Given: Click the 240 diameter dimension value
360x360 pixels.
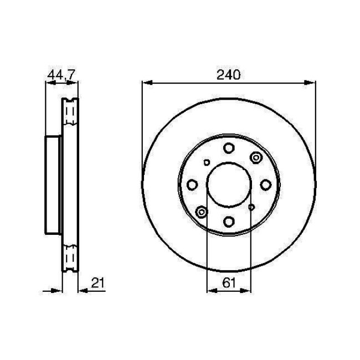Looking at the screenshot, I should click(229, 75).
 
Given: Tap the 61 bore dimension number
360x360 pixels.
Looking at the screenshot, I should click(228, 283).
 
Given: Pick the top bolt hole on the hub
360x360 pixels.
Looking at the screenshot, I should click(228, 148).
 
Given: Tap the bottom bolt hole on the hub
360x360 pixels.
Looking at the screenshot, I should click(228, 222).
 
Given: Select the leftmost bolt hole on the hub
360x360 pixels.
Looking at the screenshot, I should click(192, 184).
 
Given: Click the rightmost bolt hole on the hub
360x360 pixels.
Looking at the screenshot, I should click(265, 184).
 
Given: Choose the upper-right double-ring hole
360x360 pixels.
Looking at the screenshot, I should click(255, 158).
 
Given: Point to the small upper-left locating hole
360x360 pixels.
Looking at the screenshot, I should click(206, 162).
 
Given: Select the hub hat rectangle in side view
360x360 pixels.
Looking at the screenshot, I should click(53, 184).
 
